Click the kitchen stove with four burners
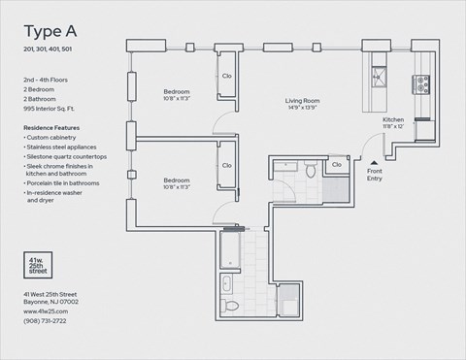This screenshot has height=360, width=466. tap(423, 85)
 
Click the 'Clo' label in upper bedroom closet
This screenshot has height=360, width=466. tap(226, 76)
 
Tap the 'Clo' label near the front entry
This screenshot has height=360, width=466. tap(337, 166)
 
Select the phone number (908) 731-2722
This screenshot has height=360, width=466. tap(46, 321)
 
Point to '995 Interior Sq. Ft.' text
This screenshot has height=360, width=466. tap(55, 110)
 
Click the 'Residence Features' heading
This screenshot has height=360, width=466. tap(52, 128)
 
